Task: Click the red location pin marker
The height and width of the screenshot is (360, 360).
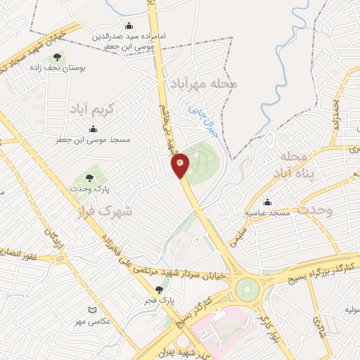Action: (x=180, y=165)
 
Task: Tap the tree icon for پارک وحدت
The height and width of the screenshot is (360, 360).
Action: (x=89, y=177)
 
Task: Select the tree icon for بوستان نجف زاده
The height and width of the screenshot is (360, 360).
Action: (x=57, y=56)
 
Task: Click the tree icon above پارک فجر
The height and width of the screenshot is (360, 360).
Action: (x=160, y=289)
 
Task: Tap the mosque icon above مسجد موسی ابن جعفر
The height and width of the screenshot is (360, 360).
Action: (x=94, y=129)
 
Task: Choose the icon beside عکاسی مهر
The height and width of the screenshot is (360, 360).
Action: (x=92, y=310)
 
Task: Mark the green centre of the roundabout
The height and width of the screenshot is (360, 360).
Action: (x=248, y=288)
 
